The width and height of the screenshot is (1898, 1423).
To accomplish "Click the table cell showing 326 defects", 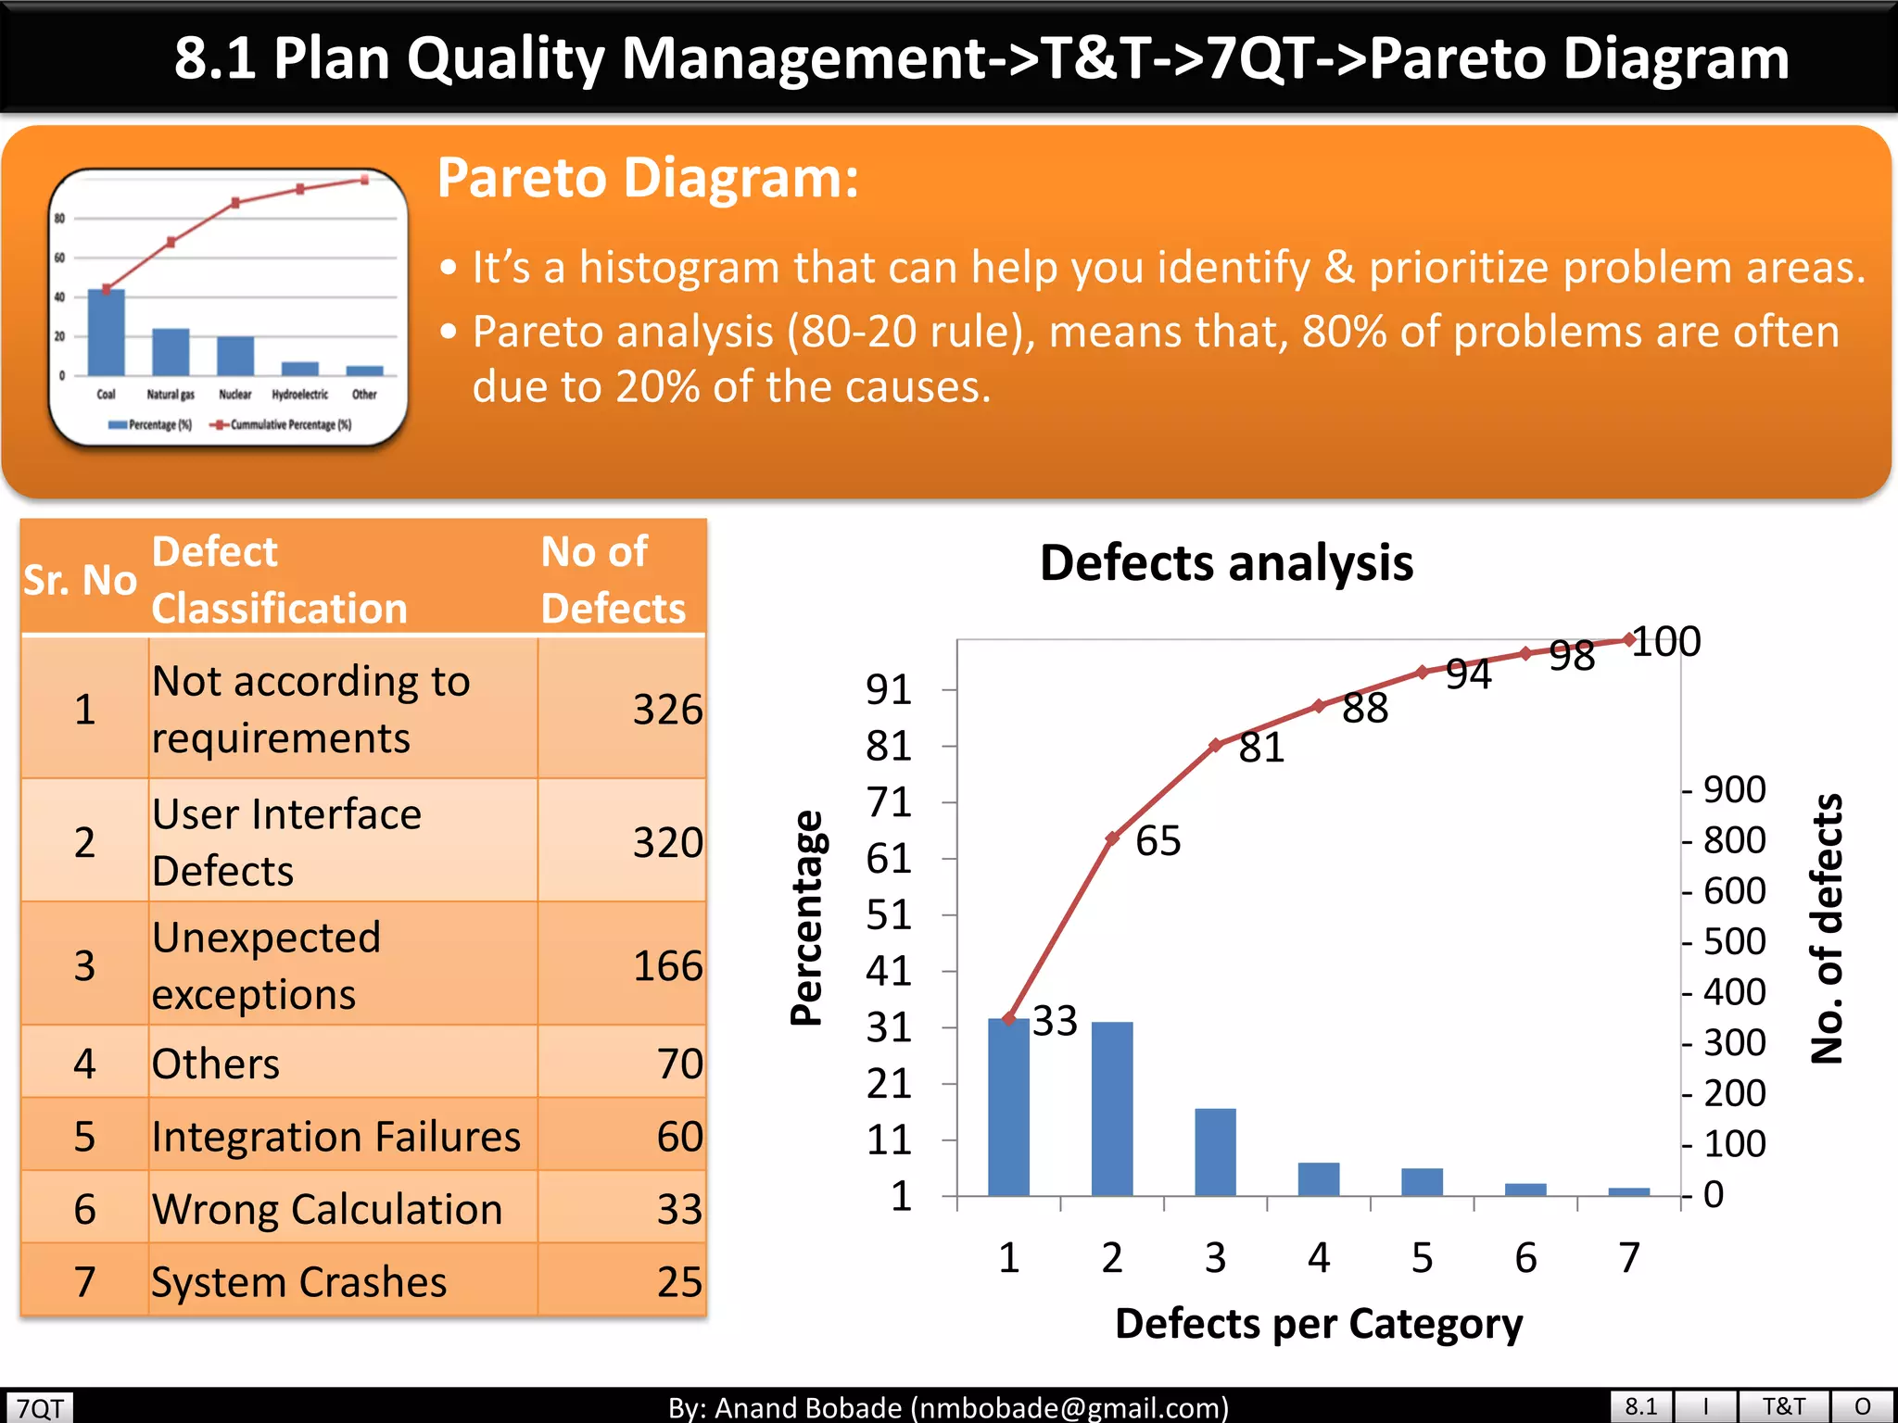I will [666, 710].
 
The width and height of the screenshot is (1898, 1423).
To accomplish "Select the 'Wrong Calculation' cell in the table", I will [326, 1209].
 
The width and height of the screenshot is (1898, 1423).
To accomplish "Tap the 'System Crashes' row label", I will [298, 1282].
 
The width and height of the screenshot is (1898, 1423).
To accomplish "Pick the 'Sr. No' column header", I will [81, 580].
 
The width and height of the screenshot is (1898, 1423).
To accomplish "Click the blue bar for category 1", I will [1008, 1107].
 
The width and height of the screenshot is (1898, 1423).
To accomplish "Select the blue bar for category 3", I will [1215, 1152].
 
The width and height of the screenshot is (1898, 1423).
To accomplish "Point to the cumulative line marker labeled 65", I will [1112, 838].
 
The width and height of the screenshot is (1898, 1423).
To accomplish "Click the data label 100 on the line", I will [1665, 641].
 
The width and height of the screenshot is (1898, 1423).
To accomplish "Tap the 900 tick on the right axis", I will [1734, 789].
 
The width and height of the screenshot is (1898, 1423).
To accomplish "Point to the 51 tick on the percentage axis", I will [888, 915].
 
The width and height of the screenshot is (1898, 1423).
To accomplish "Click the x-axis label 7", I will [1629, 1257].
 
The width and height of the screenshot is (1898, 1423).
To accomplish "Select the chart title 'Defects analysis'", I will [1226, 562].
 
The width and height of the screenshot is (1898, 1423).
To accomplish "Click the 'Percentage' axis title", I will [806, 917].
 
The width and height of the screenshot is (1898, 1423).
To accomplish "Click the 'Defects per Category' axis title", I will [1318, 1323].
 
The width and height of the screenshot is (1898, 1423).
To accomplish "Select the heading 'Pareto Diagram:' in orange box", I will [648, 177].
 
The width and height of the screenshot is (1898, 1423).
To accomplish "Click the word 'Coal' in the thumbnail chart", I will [106, 394].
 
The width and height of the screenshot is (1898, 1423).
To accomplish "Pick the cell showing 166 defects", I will [666, 966].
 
